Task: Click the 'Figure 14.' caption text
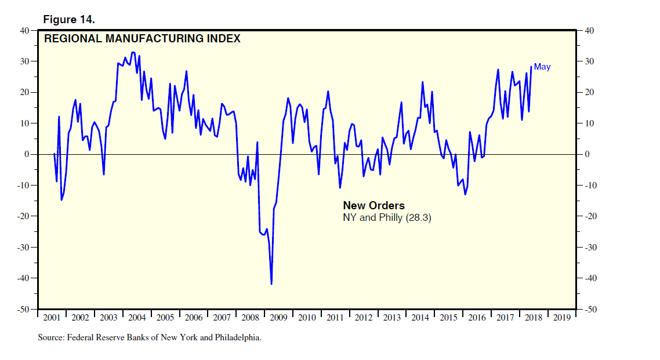coord(69,20)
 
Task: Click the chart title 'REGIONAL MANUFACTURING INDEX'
coord(142,39)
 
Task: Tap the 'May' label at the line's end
coord(542,67)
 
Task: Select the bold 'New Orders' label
coord(373,206)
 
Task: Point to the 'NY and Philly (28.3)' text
coord(387,218)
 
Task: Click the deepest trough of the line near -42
coord(271,284)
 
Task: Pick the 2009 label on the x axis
coord(278,318)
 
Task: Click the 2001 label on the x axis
coord(52,318)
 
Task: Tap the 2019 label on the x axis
coord(561,318)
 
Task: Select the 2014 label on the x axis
coord(420,318)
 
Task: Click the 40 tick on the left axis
coord(26,30)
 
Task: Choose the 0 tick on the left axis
coord(28,154)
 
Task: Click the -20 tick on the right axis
coord(592,216)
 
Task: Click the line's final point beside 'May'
coord(531,66)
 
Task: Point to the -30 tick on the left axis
coord(24,248)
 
